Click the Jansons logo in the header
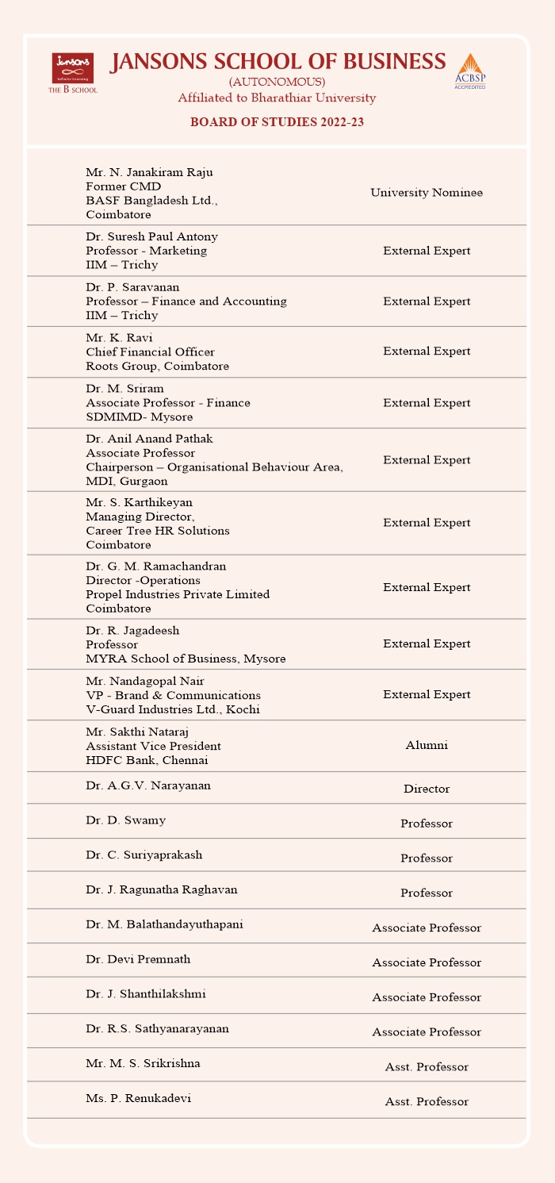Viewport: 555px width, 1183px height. coord(73,71)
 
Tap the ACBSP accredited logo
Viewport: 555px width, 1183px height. coord(469,71)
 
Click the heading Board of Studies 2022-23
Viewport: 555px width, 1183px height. coord(277,122)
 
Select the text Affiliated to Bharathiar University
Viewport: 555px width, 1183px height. coord(277,98)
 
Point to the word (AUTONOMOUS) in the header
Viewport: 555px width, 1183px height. coord(277,83)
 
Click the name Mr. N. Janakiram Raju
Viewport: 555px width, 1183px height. coord(149,172)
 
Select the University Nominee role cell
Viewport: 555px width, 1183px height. coord(427,193)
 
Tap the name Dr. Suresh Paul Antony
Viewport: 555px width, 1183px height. coord(151,236)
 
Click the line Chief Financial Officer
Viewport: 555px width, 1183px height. coord(150,352)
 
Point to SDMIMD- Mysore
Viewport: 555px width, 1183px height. coord(139,417)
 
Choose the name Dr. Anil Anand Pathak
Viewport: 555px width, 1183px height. coord(149,439)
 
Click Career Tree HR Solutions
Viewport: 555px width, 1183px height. coord(158,531)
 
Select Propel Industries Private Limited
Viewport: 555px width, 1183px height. coord(178,594)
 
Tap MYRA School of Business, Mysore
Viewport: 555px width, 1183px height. coord(186,659)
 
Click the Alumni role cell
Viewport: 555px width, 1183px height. coord(427,746)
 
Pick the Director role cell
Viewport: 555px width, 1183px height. coord(427,789)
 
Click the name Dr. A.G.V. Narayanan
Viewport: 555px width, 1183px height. coord(148,785)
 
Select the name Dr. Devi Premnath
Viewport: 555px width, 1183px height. coord(138,959)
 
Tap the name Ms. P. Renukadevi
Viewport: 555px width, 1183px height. coord(138,1099)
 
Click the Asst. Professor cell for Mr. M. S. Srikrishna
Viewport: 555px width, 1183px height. coord(427,1067)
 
